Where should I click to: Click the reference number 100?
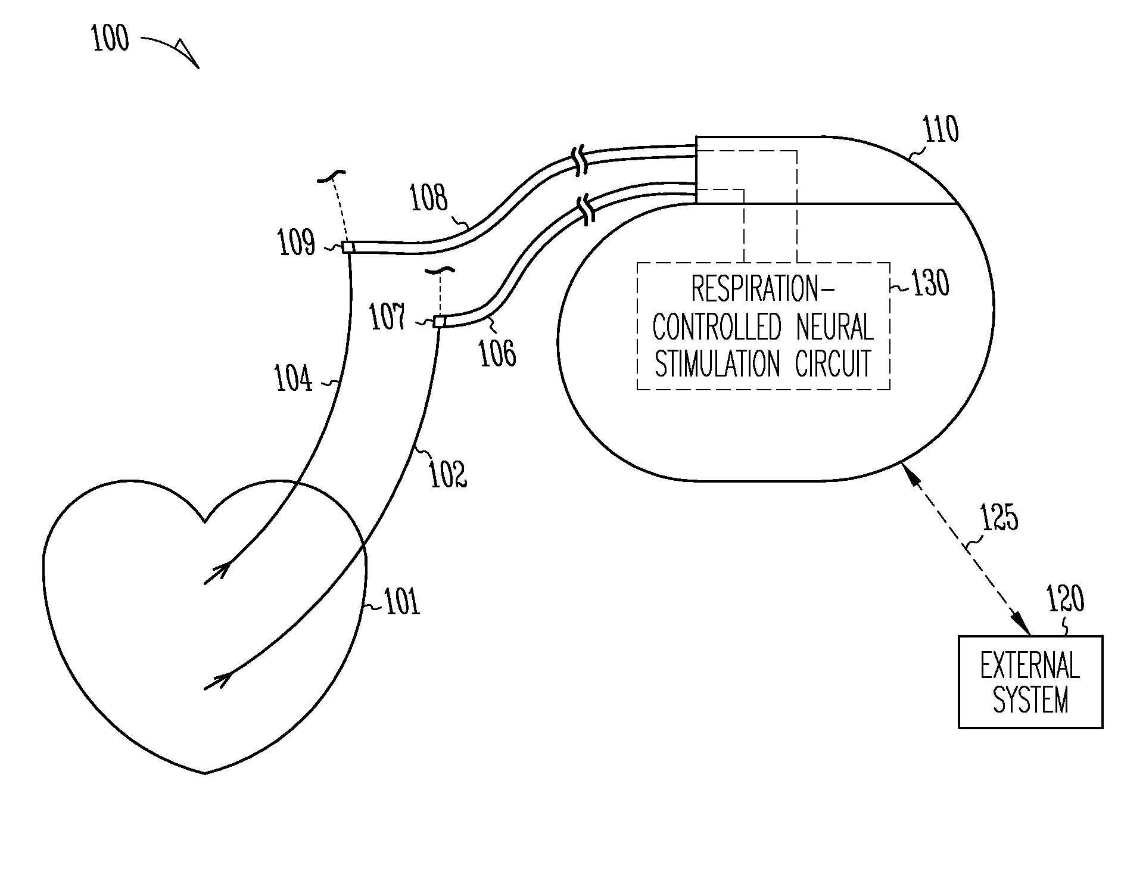point(111,40)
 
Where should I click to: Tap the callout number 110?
point(941,129)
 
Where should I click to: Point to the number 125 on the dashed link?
point(999,518)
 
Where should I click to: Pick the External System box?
point(1030,682)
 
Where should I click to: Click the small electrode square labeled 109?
point(347,247)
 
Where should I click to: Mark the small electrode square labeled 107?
point(439,322)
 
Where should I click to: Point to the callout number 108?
point(428,198)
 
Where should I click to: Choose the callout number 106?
point(498,353)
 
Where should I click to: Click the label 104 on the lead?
point(293,378)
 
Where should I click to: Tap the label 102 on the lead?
point(449,474)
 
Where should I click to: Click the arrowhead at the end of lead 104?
point(222,571)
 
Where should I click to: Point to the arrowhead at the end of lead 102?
point(222,679)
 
